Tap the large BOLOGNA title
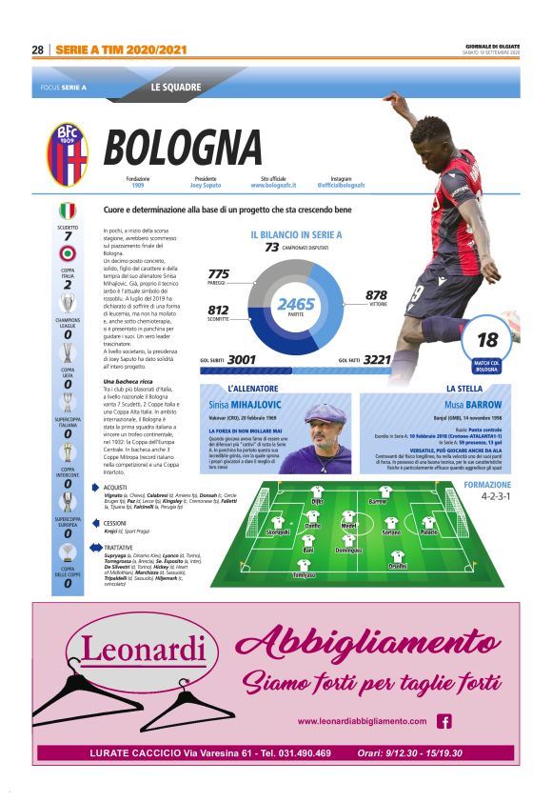[183, 149]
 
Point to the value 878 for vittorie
[376, 295]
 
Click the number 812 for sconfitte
[218, 310]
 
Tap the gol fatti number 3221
[378, 360]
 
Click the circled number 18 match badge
[487, 340]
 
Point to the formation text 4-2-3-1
[496, 496]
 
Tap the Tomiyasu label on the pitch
[305, 575]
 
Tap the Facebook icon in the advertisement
[444, 721]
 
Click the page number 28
[38, 50]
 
